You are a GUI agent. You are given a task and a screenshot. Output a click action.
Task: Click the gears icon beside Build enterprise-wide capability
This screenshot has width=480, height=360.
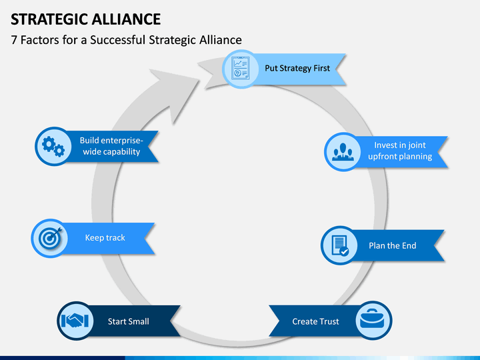tap(53, 147)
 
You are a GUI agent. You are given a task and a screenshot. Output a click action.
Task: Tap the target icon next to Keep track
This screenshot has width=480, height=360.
tap(50, 237)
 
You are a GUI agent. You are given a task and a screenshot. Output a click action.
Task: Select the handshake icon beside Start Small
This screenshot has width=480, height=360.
tap(75, 321)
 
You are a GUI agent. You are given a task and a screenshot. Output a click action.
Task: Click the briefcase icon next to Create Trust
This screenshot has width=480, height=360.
tap(373, 319)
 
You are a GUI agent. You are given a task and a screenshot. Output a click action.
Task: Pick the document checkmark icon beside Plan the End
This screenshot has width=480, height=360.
tap(340, 245)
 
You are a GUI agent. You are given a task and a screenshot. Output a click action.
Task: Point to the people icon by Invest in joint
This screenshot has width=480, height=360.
tap(343, 152)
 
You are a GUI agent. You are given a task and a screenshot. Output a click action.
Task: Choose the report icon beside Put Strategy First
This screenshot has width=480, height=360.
tap(241, 68)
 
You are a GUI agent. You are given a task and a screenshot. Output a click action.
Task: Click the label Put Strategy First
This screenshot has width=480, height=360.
tap(297, 68)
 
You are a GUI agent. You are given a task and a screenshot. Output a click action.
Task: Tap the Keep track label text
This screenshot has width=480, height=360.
tap(105, 237)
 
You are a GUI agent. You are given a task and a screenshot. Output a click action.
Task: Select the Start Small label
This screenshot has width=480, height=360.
tap(128, 321)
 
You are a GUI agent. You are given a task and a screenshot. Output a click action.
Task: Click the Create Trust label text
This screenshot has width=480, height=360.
tap(315, 321)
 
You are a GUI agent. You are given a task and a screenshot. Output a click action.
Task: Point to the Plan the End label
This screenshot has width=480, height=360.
tap(393, 245)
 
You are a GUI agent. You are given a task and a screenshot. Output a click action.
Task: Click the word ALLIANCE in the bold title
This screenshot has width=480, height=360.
tap(126, 19)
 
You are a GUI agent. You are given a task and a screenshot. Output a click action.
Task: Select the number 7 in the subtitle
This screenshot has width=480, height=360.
tap(14, 40)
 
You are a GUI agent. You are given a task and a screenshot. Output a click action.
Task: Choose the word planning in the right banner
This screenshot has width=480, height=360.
tap(415, 157)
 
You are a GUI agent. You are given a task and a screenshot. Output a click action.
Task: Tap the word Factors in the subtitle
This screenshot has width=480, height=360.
tap(40, 40)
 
